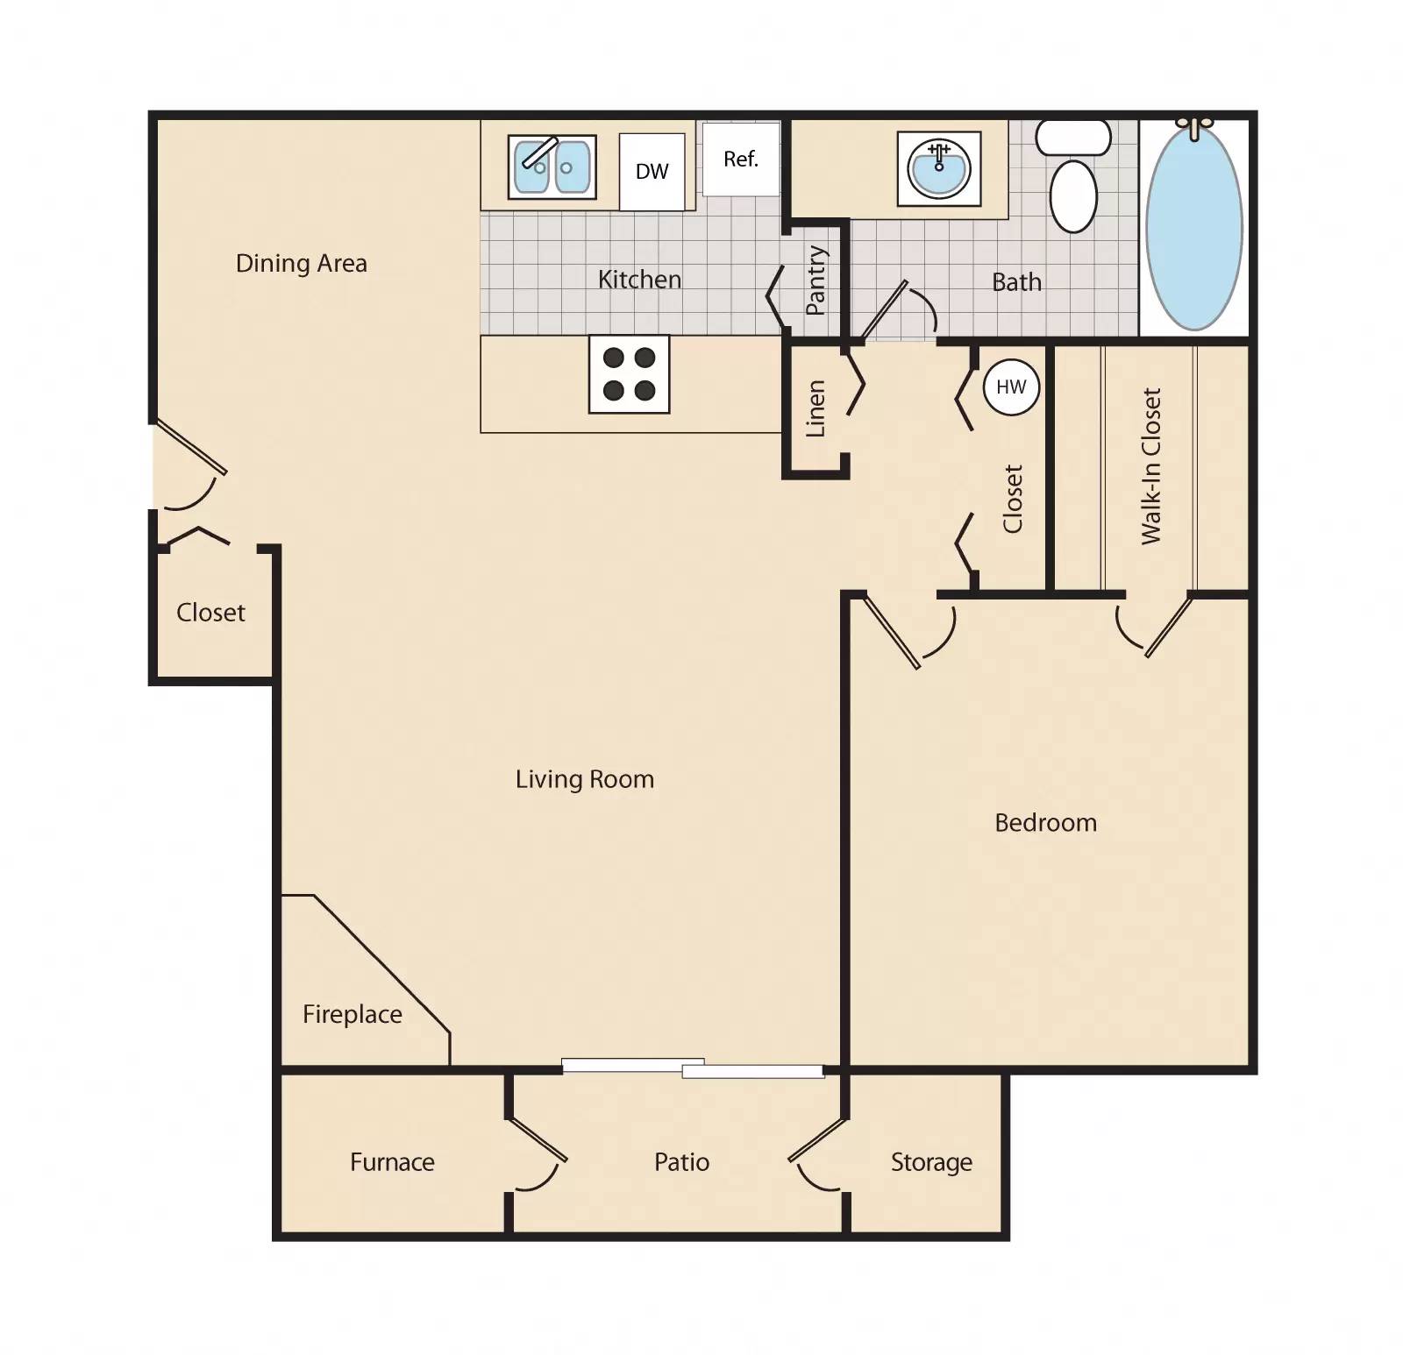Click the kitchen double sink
point(552,167)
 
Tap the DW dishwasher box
point(652,172)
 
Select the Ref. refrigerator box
point(741,160)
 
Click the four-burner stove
point(629,374)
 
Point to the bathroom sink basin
point(939,168)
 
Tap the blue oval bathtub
point(1194,228)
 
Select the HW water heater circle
point(1011,387)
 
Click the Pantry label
point(815,280)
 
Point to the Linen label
point(815,408)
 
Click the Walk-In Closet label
point(1151,466)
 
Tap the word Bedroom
point(1045,823)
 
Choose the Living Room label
point(585,779)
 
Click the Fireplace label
point(352,1014)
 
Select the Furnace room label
point(392,1162)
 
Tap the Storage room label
point(931,1162)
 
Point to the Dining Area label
point(301,263)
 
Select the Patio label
point(681,1162)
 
